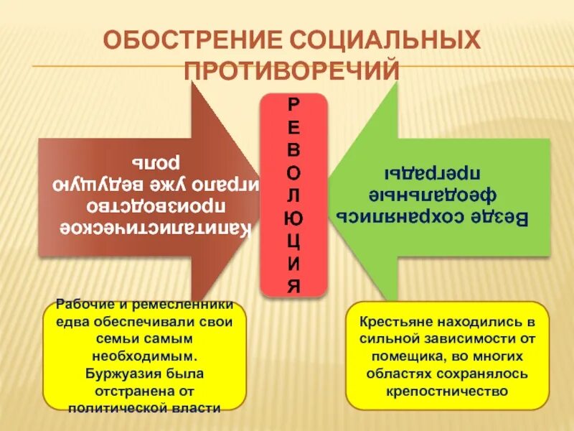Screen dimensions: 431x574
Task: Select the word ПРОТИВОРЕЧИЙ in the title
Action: [x=291, y=70]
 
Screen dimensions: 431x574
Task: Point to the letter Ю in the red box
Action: [x=293, y=215]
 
